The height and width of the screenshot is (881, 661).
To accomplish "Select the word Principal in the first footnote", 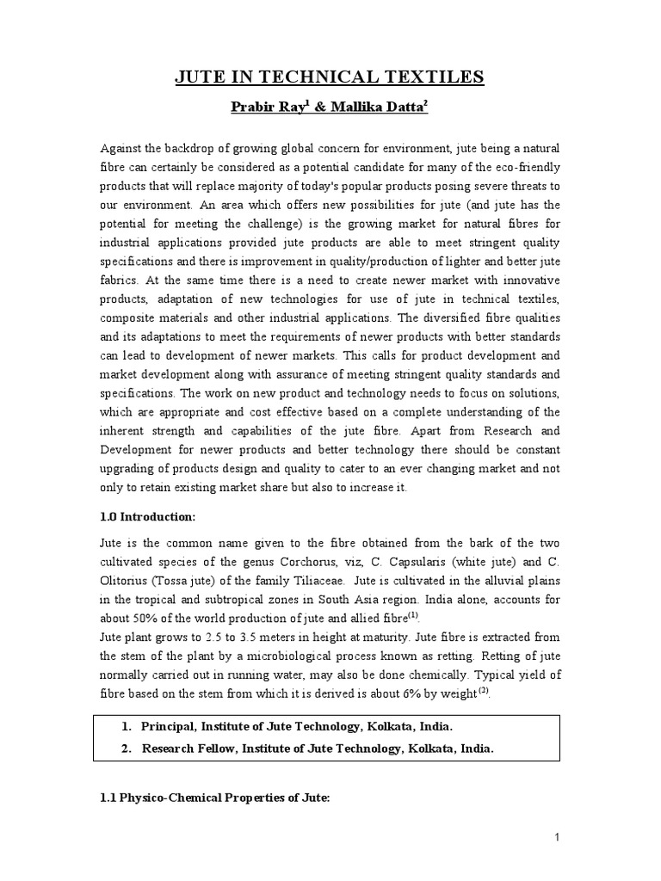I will coord(170,727).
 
